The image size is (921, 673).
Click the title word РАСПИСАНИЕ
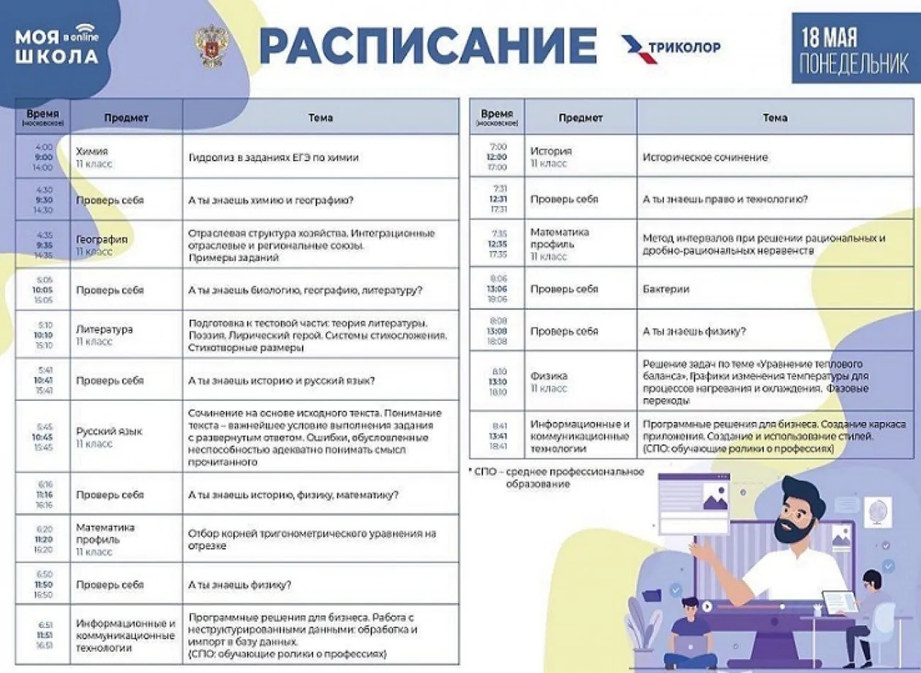click(x=428, y=46)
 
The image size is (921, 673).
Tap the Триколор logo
click(x=671, y=47)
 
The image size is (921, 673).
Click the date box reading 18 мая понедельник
click(x=854, y=49)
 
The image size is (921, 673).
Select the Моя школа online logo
click(x=57, y=46)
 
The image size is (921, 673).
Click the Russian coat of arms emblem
click(x=211, y=47)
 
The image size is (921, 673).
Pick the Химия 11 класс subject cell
click(x=126, y=157)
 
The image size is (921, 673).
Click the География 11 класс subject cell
click(x=126, y=245)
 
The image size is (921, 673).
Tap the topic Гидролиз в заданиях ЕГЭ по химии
click(x=273, y=157)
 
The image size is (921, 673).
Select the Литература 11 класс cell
click(x=126, y=335)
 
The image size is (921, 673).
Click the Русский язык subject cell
click(x=126, y=436)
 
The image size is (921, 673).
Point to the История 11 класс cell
click(x=580, y=157)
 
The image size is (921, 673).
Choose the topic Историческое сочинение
click(x=705, y=157)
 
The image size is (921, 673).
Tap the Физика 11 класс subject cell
click(x=580, y=382)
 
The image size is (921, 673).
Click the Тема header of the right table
click(x=775, y=118)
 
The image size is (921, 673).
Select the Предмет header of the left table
click(x=126, y=118)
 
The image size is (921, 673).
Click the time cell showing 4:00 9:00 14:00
click(x=43, y=157)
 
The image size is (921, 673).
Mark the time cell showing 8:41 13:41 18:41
click(x=498, y=436)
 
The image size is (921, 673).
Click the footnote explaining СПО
click(x=558, y=477)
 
